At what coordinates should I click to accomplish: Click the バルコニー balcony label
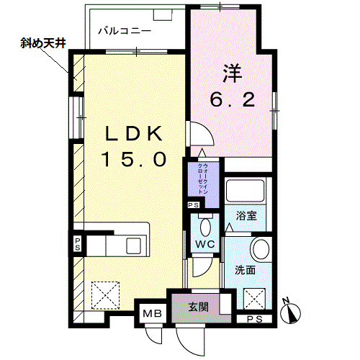click(125, 31)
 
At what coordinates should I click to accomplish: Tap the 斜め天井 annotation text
click(43, 43)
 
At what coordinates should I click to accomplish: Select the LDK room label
click(134, 133)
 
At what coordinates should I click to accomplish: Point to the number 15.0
click(134, 159)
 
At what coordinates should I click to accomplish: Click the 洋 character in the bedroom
click(233, 73)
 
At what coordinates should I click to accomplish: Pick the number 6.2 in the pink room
click(233, 100)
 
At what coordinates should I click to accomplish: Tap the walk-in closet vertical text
click(202, 179)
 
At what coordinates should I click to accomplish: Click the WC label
click(205, 244)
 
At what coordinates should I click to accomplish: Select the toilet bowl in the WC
click(205, 227)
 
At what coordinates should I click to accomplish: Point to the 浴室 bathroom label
click(246, 216)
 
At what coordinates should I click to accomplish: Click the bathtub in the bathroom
click(246, 191)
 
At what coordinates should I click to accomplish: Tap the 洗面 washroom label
click(245, 270)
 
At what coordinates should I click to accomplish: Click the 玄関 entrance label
click(198, 307)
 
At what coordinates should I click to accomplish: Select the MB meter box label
click(153, 313)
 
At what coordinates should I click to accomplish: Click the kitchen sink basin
click(133, 246)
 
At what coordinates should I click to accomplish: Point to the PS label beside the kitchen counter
click(77, 244)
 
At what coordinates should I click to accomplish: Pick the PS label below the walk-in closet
click(194, 205)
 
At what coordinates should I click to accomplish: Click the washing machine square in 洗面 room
click(254, 299)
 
